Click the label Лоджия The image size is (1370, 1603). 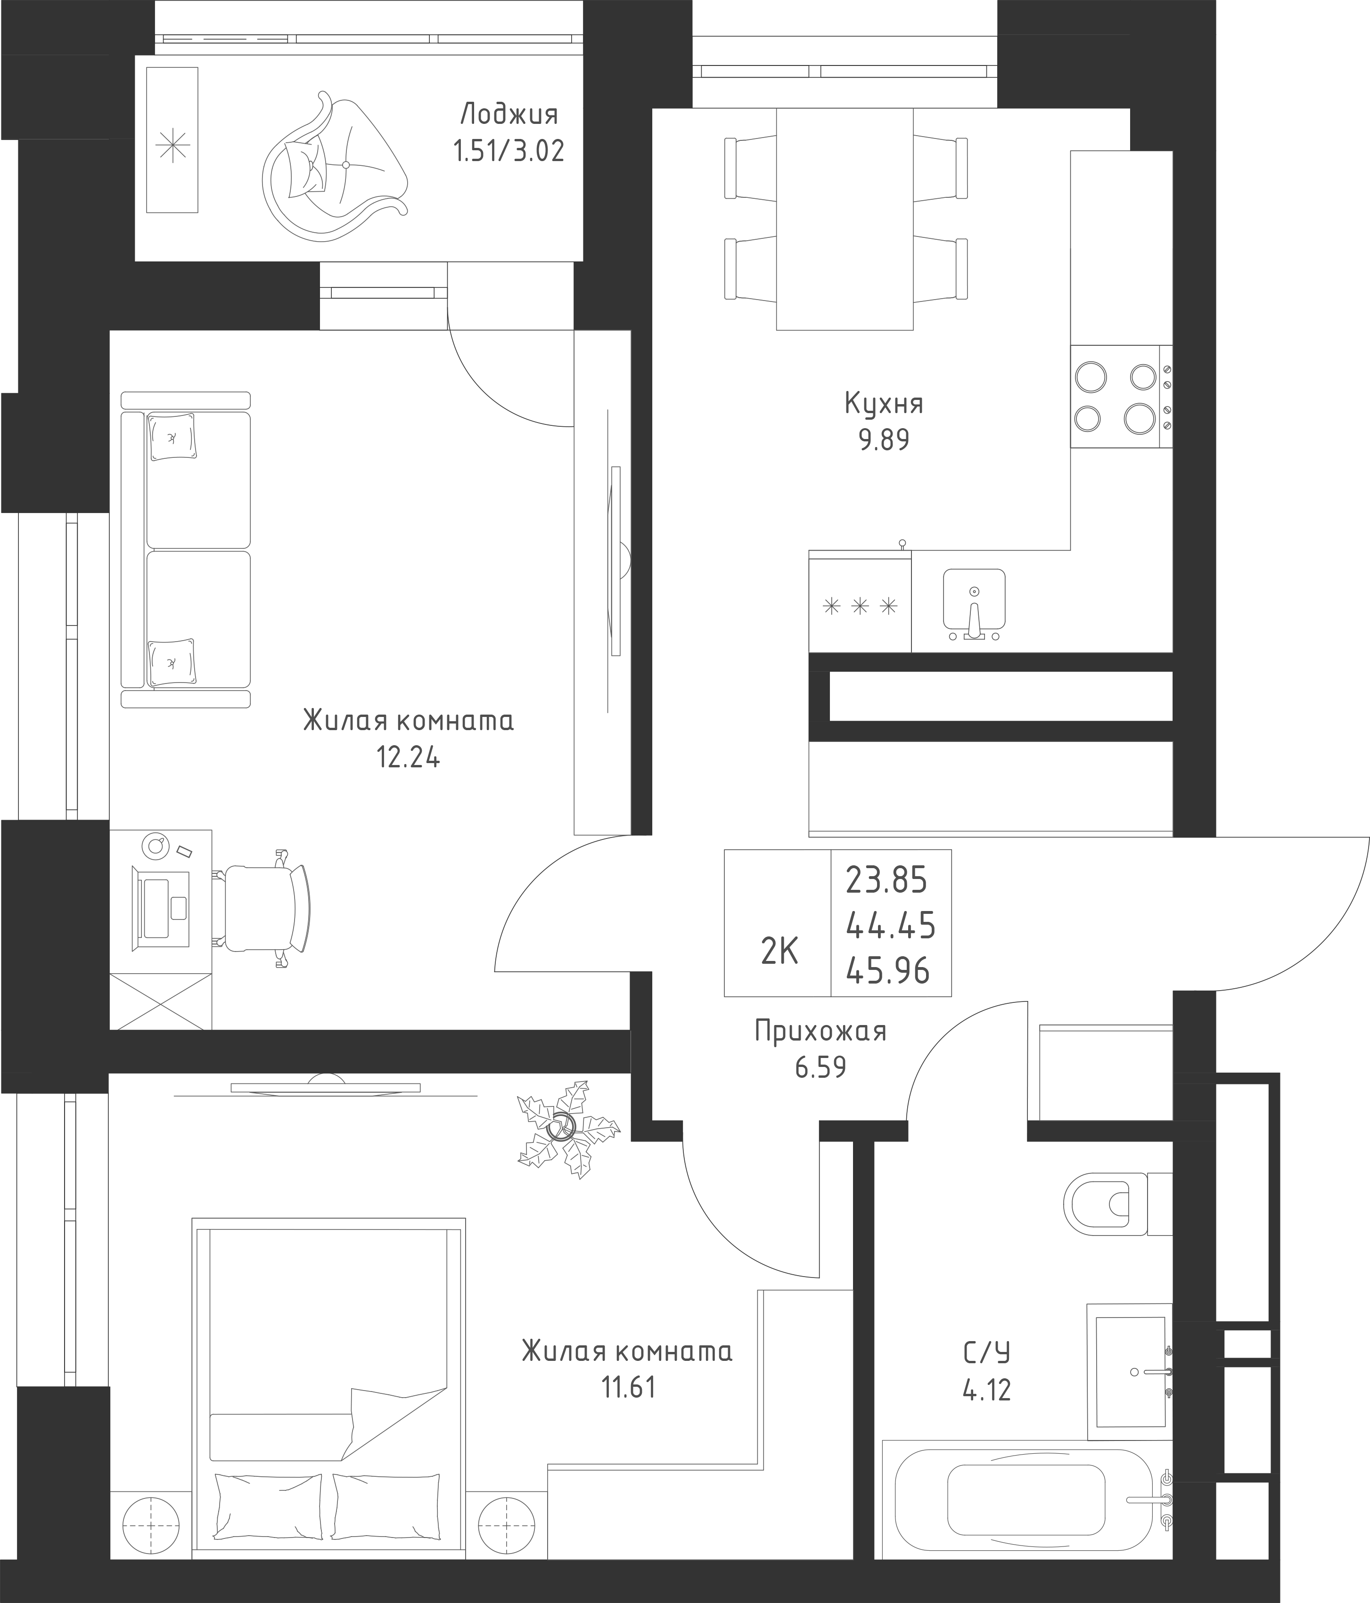(509, 114)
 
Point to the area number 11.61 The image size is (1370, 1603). (628, 1387)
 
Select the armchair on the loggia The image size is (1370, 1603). (335, 165)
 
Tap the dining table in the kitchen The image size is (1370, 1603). (845, 219)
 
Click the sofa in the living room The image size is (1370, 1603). (186, 549)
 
